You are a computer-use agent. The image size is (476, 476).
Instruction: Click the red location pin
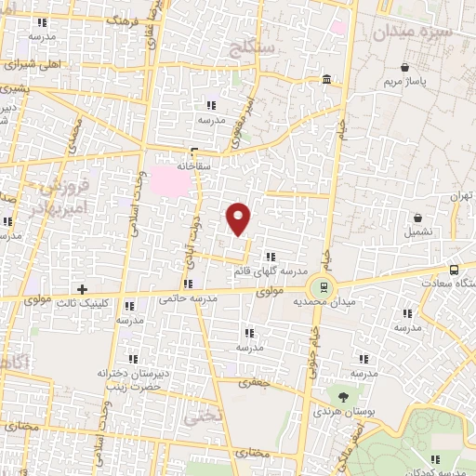pos(239,218)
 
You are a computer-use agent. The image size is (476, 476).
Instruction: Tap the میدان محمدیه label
pos(320,302)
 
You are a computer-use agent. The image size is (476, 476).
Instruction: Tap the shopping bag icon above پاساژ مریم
pos(405,68)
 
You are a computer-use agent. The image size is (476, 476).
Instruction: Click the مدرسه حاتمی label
pos(187,298)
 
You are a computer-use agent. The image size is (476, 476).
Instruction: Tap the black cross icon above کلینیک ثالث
pos(82,290)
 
